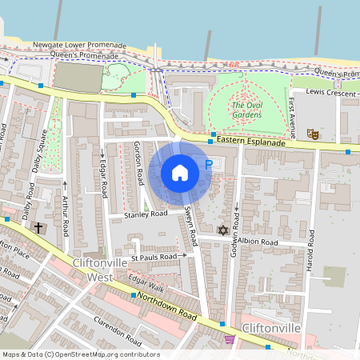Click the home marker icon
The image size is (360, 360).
[x=180, y=173]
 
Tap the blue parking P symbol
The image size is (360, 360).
[x=209, y=165]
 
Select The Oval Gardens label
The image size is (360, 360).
[x=246, y=110]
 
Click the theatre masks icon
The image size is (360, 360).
[x=314, y=135]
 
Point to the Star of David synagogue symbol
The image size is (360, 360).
[x=223, y=230]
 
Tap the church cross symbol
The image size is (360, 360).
[x=38, y=228]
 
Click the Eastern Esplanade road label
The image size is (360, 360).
[x=250, y=142]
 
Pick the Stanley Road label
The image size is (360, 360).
[x=145, y=214]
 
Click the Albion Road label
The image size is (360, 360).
[x=257, y=242]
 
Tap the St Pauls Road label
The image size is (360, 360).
[x=154, y=257]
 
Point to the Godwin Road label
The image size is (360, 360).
[x=237, y=203]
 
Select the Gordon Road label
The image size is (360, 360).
[x=138, y=161]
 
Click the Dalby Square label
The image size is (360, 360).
[x=38, y=153]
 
